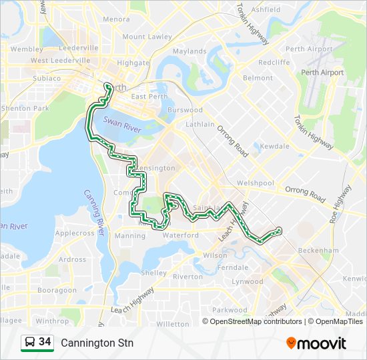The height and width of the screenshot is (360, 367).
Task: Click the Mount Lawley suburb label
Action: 147,37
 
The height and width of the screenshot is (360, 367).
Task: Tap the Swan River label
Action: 123,126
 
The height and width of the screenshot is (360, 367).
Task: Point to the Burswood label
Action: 185,110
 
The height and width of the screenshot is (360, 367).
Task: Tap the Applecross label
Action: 75,233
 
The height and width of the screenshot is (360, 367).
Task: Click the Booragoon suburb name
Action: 57,291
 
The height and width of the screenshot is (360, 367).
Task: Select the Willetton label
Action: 172,324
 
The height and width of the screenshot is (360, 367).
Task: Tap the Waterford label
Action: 181,235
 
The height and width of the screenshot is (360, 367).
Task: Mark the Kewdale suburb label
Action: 275,146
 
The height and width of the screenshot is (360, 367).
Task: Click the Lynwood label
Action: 247,282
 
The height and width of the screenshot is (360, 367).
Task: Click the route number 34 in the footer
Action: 45,342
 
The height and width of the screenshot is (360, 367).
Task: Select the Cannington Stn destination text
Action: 97,343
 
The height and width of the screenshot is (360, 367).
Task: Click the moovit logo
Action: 316,343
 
